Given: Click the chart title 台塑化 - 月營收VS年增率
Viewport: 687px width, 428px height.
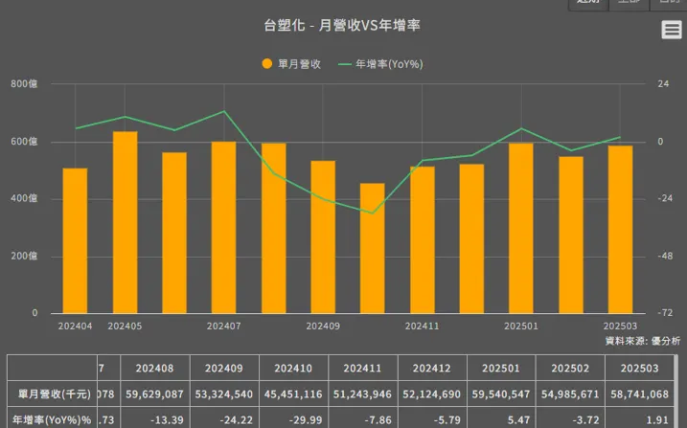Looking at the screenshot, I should pos(342,26).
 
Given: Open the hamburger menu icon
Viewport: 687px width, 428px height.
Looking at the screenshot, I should pos(672,31).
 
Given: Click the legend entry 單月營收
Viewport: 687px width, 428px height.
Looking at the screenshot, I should pos(291,64).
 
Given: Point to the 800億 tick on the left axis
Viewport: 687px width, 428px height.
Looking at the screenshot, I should pos(24,84).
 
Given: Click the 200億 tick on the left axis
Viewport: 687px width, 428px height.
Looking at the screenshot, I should pos(24,256).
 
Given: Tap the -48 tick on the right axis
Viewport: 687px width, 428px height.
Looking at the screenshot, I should pos(661,256).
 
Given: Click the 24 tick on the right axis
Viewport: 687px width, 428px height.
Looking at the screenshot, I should pos(660,84).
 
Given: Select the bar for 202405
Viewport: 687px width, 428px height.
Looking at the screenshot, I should pos(126,222).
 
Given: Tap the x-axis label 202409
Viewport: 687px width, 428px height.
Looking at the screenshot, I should pos(323,327).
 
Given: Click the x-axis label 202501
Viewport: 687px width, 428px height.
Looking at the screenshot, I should pos(521,327).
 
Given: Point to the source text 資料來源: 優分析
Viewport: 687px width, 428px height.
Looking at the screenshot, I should pos(643,341).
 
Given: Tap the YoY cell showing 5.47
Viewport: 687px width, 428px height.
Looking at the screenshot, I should pos(502,418).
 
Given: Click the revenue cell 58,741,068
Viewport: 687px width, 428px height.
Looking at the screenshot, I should pos(641,394).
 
